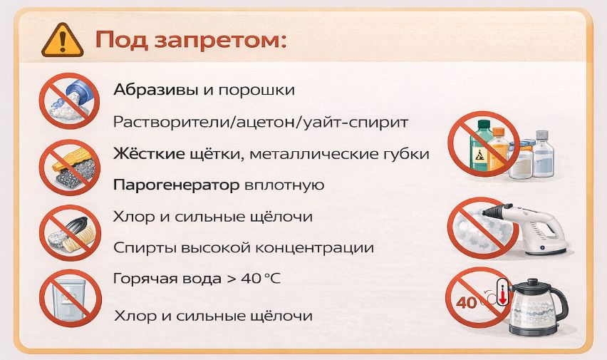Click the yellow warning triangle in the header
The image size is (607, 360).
point(62,41)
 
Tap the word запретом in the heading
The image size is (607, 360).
point(220,41)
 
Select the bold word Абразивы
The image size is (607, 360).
point(156,90)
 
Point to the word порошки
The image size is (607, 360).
point(256,91)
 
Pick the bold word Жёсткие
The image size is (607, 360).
point(149,153)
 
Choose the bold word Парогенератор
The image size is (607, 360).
point(177,185)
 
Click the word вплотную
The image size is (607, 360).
point(284,185)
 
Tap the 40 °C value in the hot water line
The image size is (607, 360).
point(260,278)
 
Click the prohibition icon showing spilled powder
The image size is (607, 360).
point(69,101)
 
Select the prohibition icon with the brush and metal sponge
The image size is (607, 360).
point(70,168)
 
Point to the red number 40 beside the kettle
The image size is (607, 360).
point(467,302)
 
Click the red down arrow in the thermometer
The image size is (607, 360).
point(502,297)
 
